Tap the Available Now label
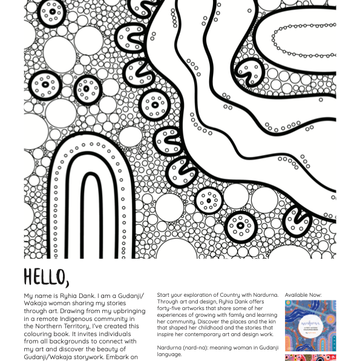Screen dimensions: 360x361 (303, 295)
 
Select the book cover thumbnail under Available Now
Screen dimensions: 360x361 (310, 326)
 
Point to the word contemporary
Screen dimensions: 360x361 (212, 334)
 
